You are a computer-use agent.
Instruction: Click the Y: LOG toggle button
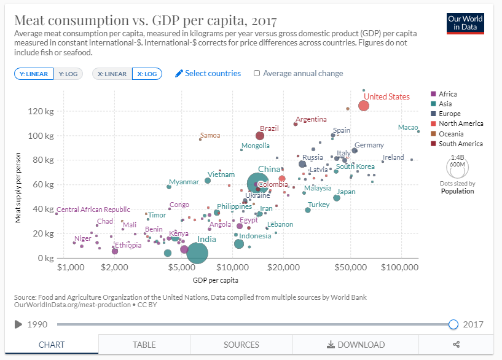point(68,74)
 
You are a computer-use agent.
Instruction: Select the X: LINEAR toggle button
point(112,74)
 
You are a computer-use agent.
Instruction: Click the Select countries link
point(208,73)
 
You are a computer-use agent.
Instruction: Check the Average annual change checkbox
point(257,74)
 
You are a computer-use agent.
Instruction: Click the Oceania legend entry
point(452,134)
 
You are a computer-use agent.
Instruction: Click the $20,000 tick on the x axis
point(283,268)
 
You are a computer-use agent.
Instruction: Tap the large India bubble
point(197,252)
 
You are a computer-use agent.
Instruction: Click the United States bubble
point(364,106)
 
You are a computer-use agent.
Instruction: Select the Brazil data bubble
point(260,136)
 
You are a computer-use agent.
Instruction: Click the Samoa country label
point(210,135)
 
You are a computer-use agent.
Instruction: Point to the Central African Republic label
point(93,209)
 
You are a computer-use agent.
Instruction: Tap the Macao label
point(408,127)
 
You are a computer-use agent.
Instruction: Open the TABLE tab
point(144,345)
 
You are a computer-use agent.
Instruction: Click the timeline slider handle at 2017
point(453,324)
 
